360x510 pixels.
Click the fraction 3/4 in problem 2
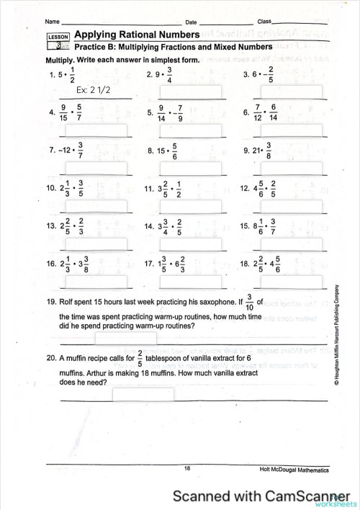click(170, 74)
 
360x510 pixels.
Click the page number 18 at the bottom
click(187, 469)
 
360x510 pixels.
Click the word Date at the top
click(191, 22)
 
